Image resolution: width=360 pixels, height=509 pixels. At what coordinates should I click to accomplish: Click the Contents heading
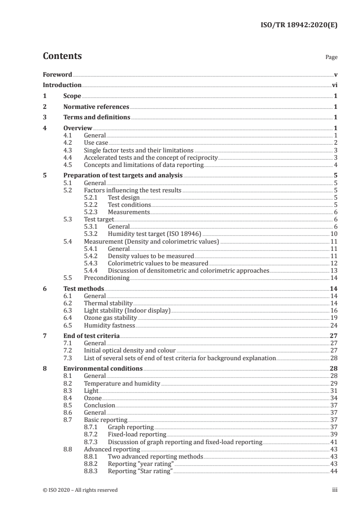pos(62,56)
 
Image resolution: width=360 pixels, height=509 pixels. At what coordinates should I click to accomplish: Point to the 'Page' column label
pos(331,58)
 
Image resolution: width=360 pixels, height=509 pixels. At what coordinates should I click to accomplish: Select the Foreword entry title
pos(57,74)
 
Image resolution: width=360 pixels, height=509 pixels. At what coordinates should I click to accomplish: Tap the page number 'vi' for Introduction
pos(334,85)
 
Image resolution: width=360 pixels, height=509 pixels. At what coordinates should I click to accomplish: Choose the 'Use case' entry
pos(96,143)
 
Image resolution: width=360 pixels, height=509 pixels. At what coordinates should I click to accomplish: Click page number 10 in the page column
pos(333,234)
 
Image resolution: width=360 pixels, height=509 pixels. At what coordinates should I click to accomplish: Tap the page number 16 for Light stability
pos(333,310)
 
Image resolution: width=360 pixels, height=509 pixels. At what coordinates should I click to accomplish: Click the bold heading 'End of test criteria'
pos(91,336)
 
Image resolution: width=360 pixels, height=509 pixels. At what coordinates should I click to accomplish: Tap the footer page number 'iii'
pos(335,490)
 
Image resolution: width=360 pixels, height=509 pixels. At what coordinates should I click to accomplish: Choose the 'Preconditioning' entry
pos(107,278)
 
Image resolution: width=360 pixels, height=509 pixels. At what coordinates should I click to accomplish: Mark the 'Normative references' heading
pos(96,107)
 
